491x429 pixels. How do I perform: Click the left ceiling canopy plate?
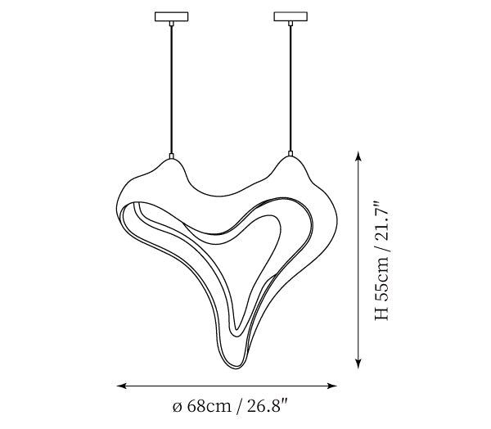(172, 16)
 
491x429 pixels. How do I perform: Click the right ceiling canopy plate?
(291, 16)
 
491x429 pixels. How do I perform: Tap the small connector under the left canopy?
(171, 24)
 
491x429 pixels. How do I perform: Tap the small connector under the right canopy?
(291, 24)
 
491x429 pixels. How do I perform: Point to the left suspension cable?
(171, 89)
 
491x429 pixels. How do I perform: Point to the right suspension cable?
(291, 88)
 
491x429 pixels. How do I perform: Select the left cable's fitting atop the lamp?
(171, 156)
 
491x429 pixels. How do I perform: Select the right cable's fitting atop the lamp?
(291, 154)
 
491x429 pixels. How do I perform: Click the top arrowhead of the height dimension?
(359, 156)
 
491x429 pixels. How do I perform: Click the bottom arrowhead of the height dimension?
(359, 364)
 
